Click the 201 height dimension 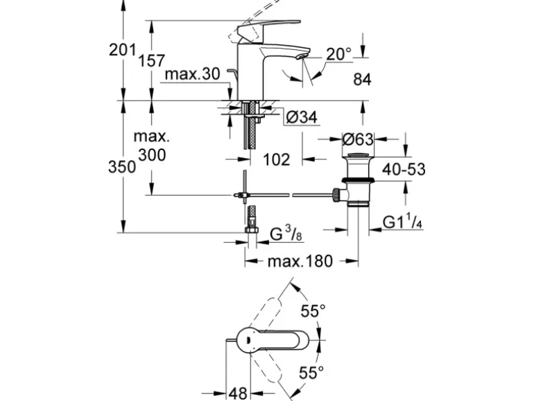[122, 50]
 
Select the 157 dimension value [151, 61]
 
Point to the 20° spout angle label [339, 53]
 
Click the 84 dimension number [363, 80]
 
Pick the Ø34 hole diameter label [301, 118]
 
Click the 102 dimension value [276, 160]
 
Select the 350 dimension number [122, 167]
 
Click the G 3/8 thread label [284, 234]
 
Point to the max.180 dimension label [300, 261]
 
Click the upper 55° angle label [313, 312]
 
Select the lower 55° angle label [312, 373]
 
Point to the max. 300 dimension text [152, 146]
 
